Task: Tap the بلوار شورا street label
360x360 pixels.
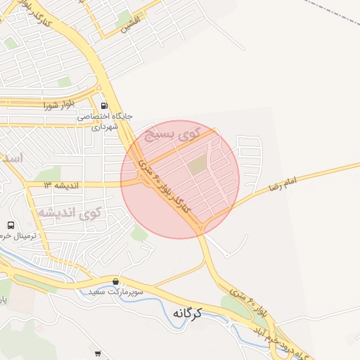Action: click(x=58, y=106)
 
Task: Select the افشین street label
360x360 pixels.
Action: click(x=131, y=25)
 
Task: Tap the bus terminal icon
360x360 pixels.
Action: click(x=11, y=226)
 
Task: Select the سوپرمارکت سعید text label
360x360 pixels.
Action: click(x=116, y=291)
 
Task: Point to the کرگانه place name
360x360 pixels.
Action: click(x=196, y=313)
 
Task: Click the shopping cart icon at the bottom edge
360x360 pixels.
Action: click(x=98, y=354)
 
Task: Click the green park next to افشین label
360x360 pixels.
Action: click(x=124, y=18)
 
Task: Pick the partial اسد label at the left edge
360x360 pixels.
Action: click(x=11, y=157)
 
